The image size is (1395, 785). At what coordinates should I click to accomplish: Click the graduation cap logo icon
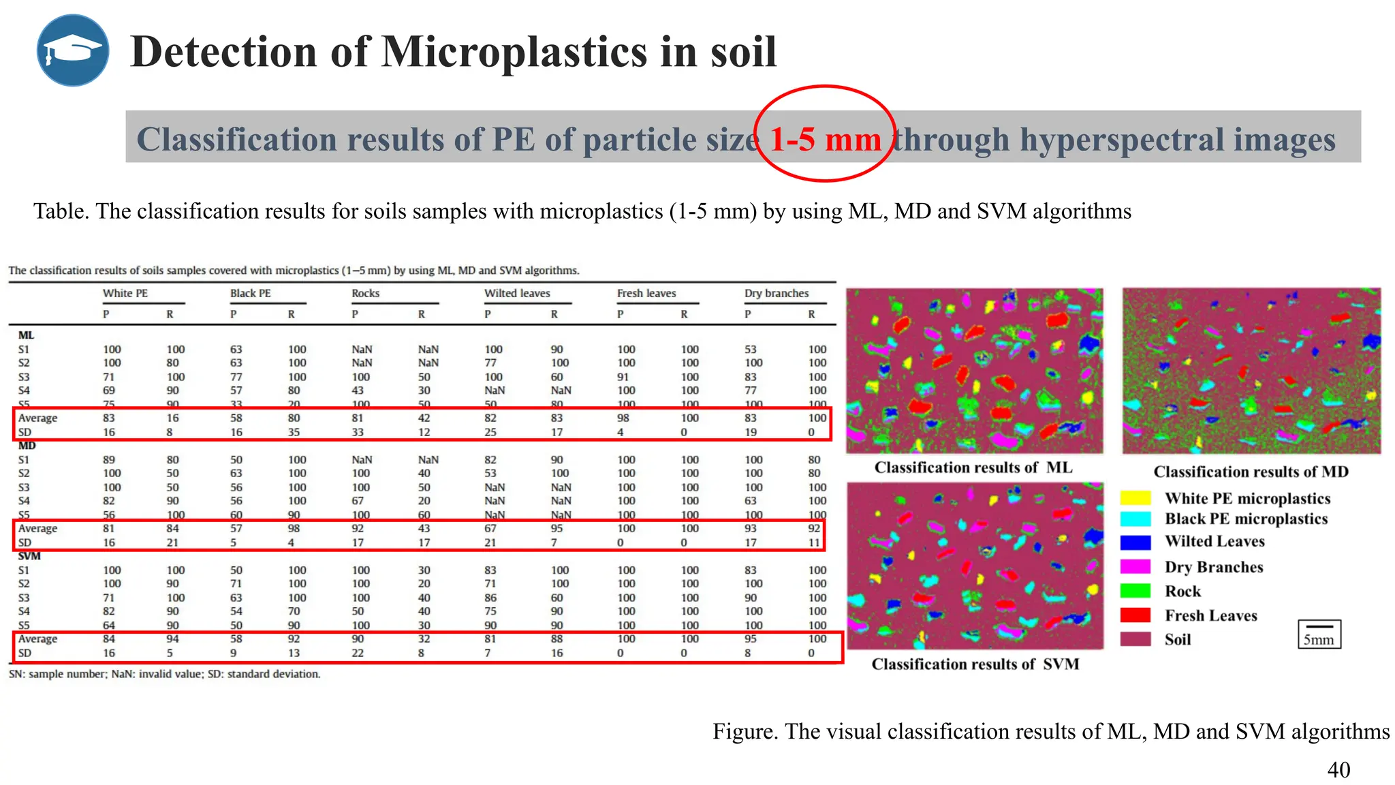tap(73, 50)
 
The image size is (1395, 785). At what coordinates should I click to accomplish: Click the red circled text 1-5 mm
tap(825, 140)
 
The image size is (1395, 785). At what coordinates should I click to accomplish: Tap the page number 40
tap(1338, 769)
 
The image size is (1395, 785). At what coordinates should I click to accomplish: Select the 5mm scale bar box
tap(1319, 634)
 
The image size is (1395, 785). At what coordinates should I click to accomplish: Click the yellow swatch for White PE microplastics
tap(1135, 498)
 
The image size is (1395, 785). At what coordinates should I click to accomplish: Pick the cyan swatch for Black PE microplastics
tap(1135, 519)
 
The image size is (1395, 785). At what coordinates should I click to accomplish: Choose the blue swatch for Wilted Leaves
tap(1135, 542)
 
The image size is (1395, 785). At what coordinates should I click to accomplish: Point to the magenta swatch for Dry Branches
tap(1135, 567)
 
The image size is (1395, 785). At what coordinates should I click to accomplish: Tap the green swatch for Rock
tap(1135, 591)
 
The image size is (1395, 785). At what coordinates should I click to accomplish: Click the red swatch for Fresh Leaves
tap(1135, 615)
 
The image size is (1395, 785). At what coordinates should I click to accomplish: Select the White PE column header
tap(125, 293)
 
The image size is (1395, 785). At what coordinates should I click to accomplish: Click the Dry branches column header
tap(777, 293)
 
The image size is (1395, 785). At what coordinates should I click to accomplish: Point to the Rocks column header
tap(366, 293)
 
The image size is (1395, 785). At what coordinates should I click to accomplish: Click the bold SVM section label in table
tap(29, 556)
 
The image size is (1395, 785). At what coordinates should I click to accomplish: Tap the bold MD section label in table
tap(27, 446)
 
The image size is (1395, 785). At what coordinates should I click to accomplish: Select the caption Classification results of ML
tap(973, 467)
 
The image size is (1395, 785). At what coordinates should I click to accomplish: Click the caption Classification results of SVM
tap(975, 664)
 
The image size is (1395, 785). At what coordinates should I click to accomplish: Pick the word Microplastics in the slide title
tap(514, 52)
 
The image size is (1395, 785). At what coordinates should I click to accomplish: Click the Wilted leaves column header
tap(517, 293)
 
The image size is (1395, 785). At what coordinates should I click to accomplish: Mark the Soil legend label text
tap(1178, 640)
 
